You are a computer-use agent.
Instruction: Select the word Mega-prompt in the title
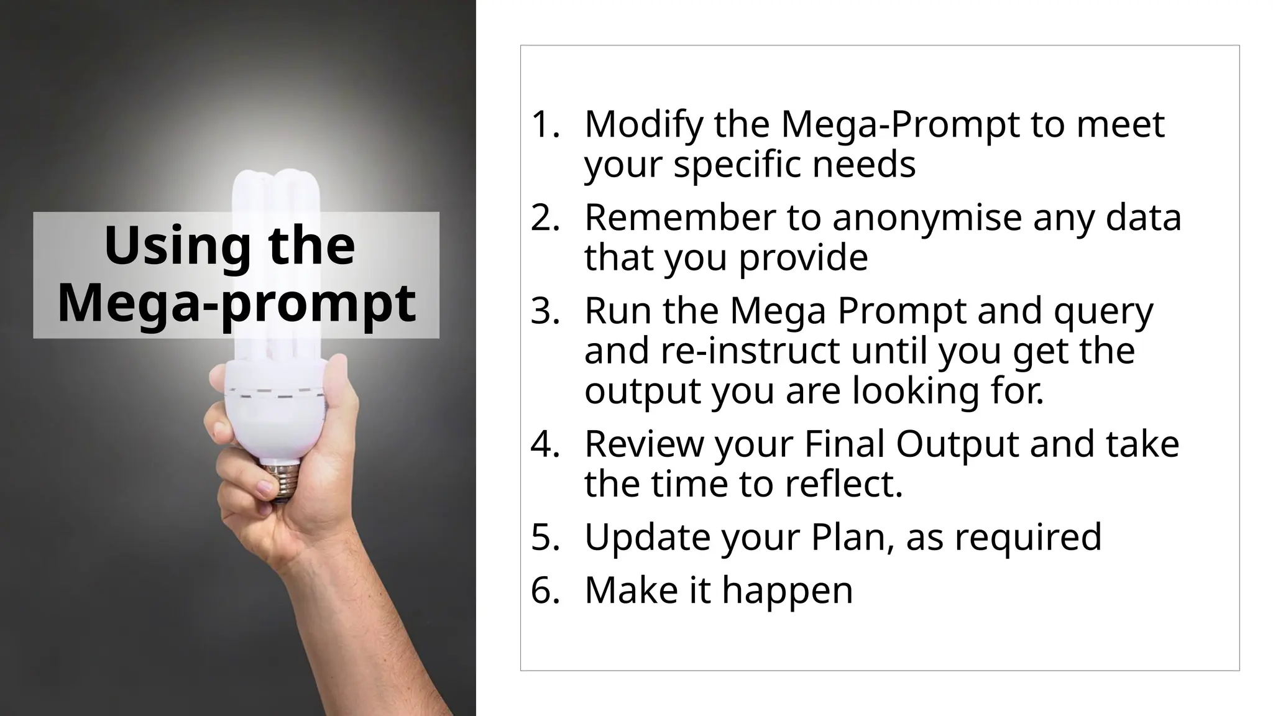(236, 303)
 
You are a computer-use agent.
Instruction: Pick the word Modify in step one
(643, 124)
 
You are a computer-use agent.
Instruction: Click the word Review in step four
(644, 444)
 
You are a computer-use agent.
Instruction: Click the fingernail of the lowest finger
(266, 489)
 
